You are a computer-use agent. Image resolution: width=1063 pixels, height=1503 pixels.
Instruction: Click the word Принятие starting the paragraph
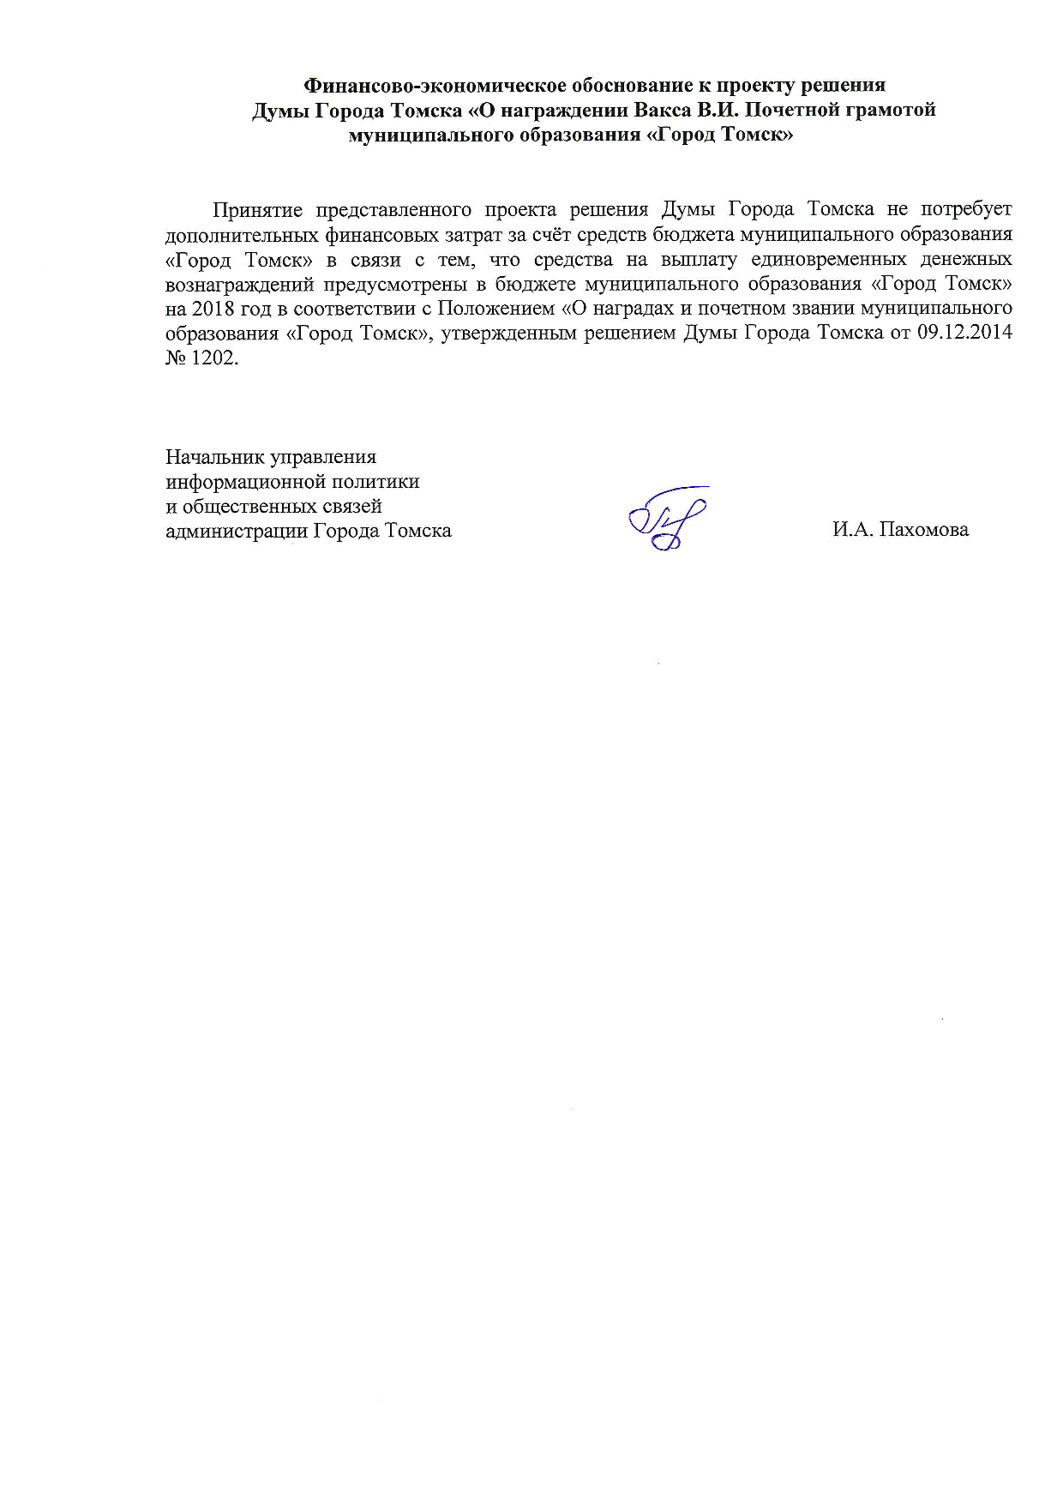tap(256, 210)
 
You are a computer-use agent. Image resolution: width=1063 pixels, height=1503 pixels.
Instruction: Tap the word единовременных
tap(828, 259)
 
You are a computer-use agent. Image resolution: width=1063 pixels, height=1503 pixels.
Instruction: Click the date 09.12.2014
tap(964, 334)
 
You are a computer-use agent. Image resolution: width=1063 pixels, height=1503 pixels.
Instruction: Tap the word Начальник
tap(213, 457)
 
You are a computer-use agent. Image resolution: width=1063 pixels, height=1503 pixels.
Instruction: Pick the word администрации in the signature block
tap(236, 532)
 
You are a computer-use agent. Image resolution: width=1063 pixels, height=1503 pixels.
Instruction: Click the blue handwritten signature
tap(667, 519)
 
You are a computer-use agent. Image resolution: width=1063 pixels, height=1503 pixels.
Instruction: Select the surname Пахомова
tap(923, 530)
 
